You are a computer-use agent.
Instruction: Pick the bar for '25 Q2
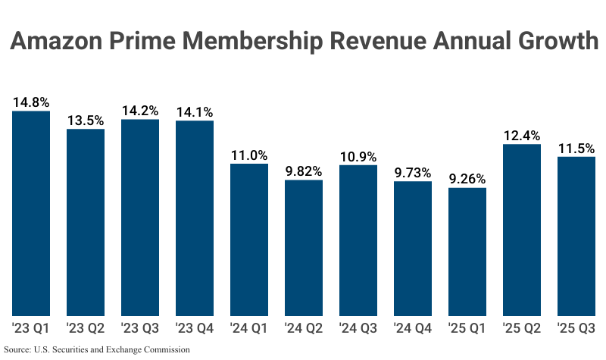(522, 230)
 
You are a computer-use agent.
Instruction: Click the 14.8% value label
(31, 102)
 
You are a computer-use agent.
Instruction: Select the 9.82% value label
(304, 171)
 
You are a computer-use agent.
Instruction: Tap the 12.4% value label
(522, 135)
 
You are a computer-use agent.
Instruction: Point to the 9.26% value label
(467, 179)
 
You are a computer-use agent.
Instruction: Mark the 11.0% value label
(249, 155)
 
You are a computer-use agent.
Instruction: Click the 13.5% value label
(86, 120)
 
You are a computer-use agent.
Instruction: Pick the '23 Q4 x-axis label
(195, 328)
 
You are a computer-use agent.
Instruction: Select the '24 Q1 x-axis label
(249, 328)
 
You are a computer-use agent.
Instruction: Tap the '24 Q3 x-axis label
(358, 328)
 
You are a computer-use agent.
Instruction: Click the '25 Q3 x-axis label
(576, 328)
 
